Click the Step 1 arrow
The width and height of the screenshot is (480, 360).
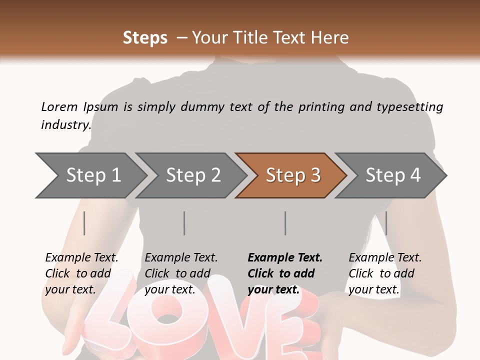click(x=90, y=175)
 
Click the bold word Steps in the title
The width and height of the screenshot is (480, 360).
click(x=145, y=37)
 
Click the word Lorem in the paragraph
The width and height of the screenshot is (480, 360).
click(x=59, y=106)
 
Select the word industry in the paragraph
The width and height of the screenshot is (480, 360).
click(x=65, y=124)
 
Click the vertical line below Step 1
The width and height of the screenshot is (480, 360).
click(x=84, y=223)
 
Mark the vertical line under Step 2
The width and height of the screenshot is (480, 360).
click(x=184, y=223)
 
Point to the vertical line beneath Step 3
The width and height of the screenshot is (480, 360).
click(x=285, y=223)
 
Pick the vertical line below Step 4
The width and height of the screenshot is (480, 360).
click(x=386, y=223)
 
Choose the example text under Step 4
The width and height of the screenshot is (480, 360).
click(x=384, y=273)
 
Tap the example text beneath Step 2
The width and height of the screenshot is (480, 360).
click(x=180, y=273)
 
